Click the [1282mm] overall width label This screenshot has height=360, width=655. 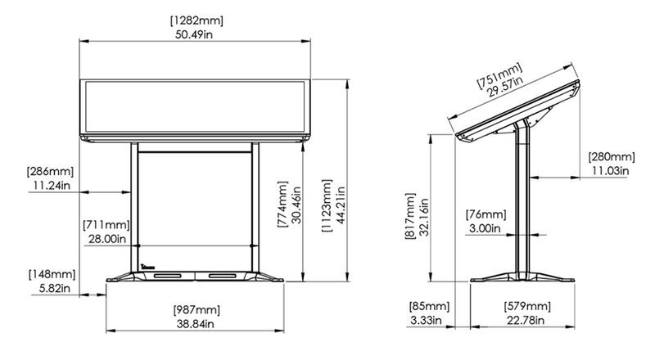click(196, 19)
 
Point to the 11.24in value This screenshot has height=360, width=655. click(50, 186)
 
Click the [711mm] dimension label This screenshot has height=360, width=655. click(105, 224)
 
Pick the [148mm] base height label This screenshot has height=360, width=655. click(52, 273)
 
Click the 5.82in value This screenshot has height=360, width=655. click(52, 287)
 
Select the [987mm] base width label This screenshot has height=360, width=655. click(196, 309)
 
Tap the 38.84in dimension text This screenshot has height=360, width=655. click(196, 324)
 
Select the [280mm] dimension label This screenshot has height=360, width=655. click(611, 155)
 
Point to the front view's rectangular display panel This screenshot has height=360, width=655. click(196, 106)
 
